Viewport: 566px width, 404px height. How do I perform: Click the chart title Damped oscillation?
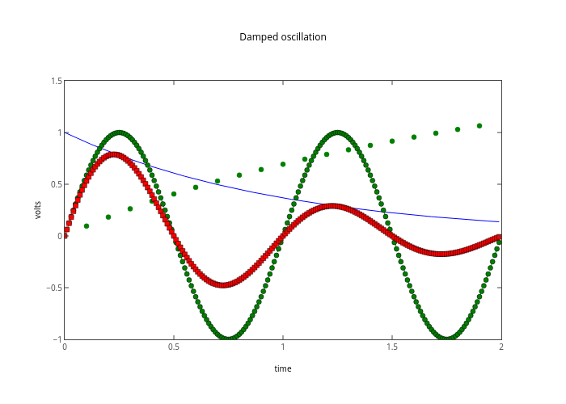pos(283,37)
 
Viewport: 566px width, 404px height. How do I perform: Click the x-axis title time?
pos(283,368)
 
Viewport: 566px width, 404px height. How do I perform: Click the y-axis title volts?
pos(38,210)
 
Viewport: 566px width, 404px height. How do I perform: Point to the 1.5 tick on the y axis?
pos(57,81)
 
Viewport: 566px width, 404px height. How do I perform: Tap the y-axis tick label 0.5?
pos(57,184)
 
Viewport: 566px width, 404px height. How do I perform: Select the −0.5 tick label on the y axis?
pos(54,288)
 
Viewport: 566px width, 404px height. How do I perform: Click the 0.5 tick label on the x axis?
pos(174,347)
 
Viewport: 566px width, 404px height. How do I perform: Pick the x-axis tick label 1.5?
pos(392,347)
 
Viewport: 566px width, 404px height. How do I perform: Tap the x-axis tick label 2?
pos(501,347)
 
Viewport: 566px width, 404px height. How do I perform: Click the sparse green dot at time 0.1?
pos(87,226)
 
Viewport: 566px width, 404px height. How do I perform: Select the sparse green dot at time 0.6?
pos(196,187)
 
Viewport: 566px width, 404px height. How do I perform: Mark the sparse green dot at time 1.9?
pos(479,126)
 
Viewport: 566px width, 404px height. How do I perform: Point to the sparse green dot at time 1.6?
pos(414,137)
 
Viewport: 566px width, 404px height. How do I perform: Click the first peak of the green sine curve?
pos(120,133)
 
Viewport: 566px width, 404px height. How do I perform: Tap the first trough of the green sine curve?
pos(229,339)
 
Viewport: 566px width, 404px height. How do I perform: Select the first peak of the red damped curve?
pos(115,154)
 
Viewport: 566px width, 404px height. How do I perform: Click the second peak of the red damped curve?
pos(332,206)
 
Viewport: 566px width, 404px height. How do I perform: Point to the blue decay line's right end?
pos(500,221)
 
